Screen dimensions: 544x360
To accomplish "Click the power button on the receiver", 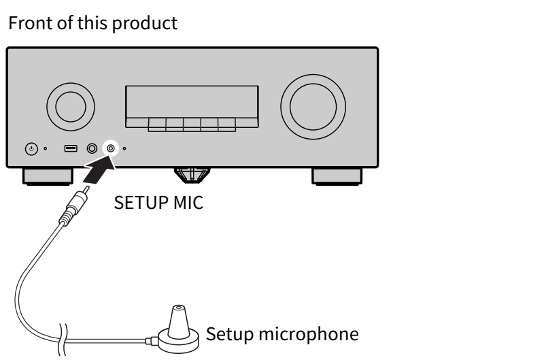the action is click(31, 149).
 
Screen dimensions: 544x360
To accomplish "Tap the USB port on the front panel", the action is click(71, 148).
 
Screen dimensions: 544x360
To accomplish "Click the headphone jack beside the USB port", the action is click(92, 148).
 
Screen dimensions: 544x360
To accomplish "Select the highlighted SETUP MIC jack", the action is click(111, 148).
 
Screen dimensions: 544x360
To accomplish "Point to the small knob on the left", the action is click(71, 107).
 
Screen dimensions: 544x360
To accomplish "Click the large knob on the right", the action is click(313, 107).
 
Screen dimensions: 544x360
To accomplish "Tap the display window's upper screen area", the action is click(192, 102).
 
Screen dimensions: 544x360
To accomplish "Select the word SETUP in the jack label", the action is click(141, 203).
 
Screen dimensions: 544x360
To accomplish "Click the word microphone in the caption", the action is click(309, 335).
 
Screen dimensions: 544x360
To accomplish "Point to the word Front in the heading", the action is click(31, 23).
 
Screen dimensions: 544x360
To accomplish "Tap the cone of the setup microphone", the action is click(179, 322).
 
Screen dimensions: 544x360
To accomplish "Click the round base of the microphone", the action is click(179, 341).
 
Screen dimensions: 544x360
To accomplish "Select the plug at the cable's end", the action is click(74, 206).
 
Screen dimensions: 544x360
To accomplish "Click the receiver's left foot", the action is click(48, 176).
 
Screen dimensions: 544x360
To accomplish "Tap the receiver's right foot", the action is click(337, 176).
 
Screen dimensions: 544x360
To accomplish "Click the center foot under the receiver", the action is click(192, 175).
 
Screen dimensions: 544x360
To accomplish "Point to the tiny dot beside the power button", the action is click(45, 148).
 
